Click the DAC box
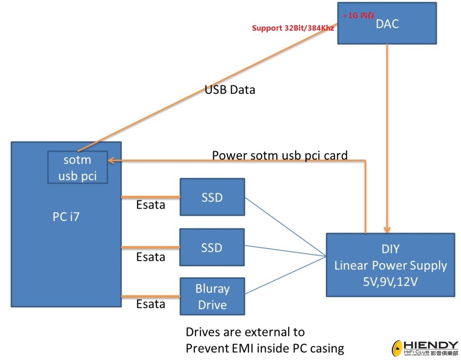[387, 23]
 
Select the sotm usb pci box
[77, 167]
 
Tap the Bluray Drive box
[212, 296]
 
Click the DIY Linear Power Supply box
[390, 265]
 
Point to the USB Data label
[230, 90]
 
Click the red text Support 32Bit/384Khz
[293, 28]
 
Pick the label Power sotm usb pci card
[280, 155]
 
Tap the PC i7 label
[66, 217]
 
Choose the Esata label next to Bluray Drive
[150, 304]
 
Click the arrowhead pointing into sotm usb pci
[111, 160]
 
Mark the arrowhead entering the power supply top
[387, 230]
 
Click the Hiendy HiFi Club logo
[425, 348]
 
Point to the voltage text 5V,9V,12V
[390, 282]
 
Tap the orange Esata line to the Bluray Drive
[150, 296]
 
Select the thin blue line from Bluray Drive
[285, 275]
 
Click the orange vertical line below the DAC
[387, 138]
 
